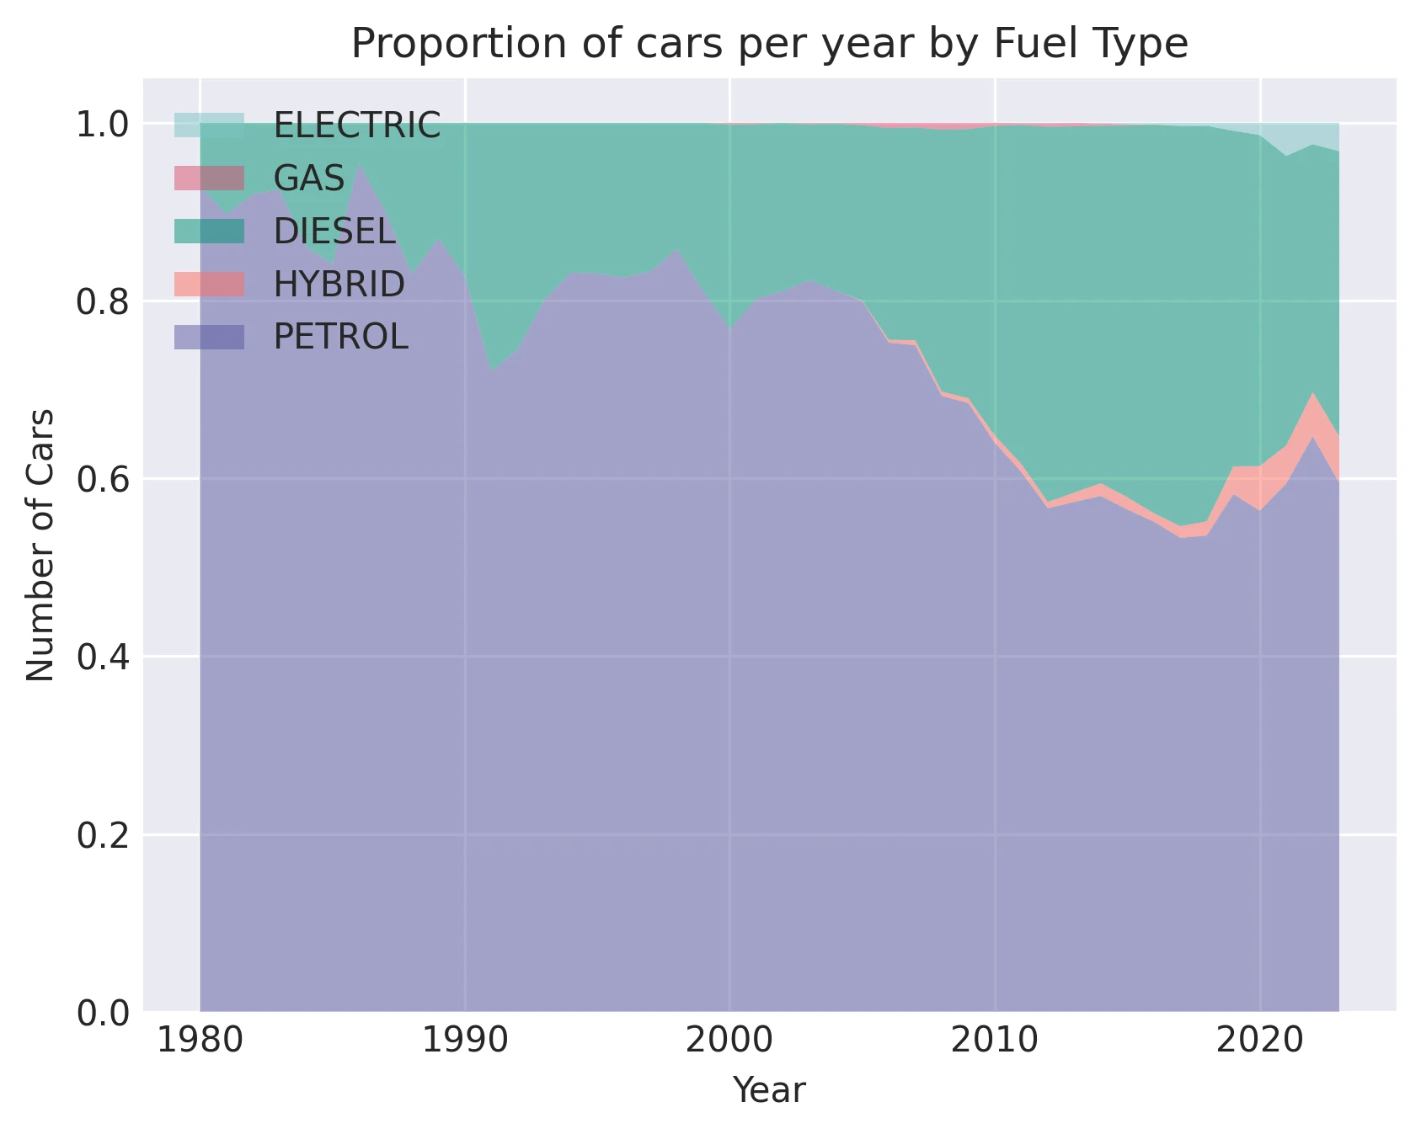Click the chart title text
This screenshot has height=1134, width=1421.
coord(768,44)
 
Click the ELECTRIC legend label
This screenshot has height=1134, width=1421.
coord(356,125)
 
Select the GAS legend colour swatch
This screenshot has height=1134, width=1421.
coord(209,178)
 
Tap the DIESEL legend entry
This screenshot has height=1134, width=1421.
coord(334,232)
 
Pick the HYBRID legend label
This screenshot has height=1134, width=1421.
coord(339,285)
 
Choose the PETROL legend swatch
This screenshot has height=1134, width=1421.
coord(209,338)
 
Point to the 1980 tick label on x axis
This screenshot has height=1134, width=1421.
coord(200,1041)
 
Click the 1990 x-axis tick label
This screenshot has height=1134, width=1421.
coord(464,1041)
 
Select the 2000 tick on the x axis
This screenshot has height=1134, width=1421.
coord(729,1041)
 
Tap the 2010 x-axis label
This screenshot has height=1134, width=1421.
coord(994,1041)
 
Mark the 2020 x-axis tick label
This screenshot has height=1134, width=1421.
coord(1259,1041)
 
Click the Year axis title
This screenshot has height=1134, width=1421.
coord(768,1090)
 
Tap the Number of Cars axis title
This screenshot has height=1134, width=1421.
coord(40,545)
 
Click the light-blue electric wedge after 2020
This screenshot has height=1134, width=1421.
coord(1314,135)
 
